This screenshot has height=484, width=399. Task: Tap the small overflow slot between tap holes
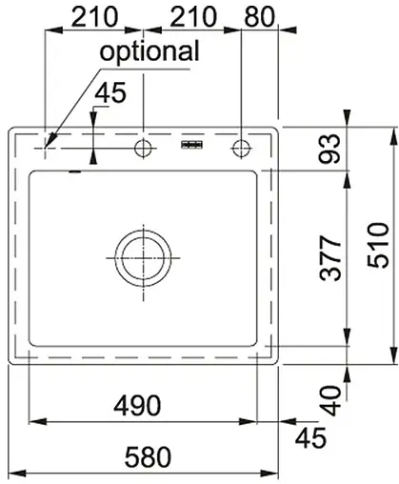[x=192, y=145]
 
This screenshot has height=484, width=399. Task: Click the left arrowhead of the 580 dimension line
[x=13, y=474]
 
